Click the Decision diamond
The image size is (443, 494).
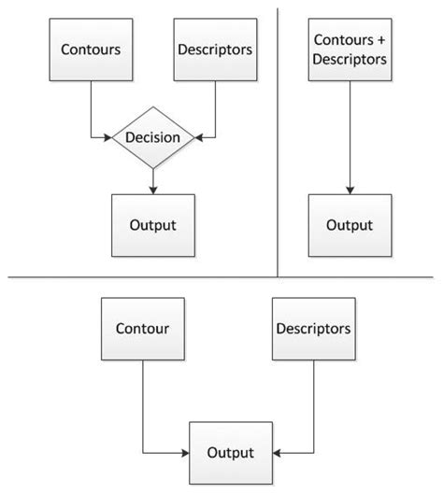click(152, 138)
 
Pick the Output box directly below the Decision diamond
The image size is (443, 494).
click(152, 225)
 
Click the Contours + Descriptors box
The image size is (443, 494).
click(349, 48)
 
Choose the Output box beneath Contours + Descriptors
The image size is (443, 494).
click(349, 225)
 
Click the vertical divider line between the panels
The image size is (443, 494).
click(279, 140)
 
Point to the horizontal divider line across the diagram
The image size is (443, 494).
click(221, 277)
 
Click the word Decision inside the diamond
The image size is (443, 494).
click(152, 138)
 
